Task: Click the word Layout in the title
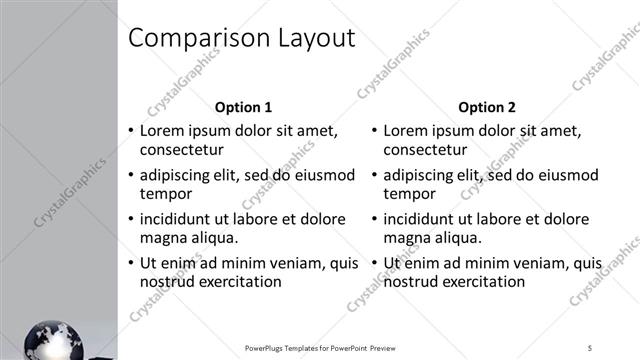pyautogui.click(x=315, y=38)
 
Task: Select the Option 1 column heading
pyautogui.click(x=243, y=107)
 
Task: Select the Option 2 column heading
pyautogui.click(x=487, y=107)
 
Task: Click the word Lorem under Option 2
pyautogui.click(x=407, y=130)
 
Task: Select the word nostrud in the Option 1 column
pyautogui.click(x=166, y=282)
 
